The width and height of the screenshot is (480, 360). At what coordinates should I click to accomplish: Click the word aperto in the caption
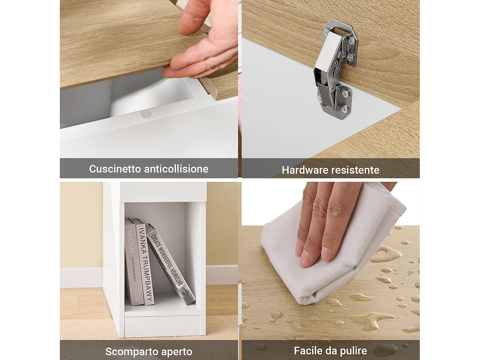(x=177, y=352)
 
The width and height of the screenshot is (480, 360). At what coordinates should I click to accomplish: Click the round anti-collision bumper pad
(x=146, y=114)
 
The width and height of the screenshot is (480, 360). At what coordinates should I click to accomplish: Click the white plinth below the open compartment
(x=162, y=326)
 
